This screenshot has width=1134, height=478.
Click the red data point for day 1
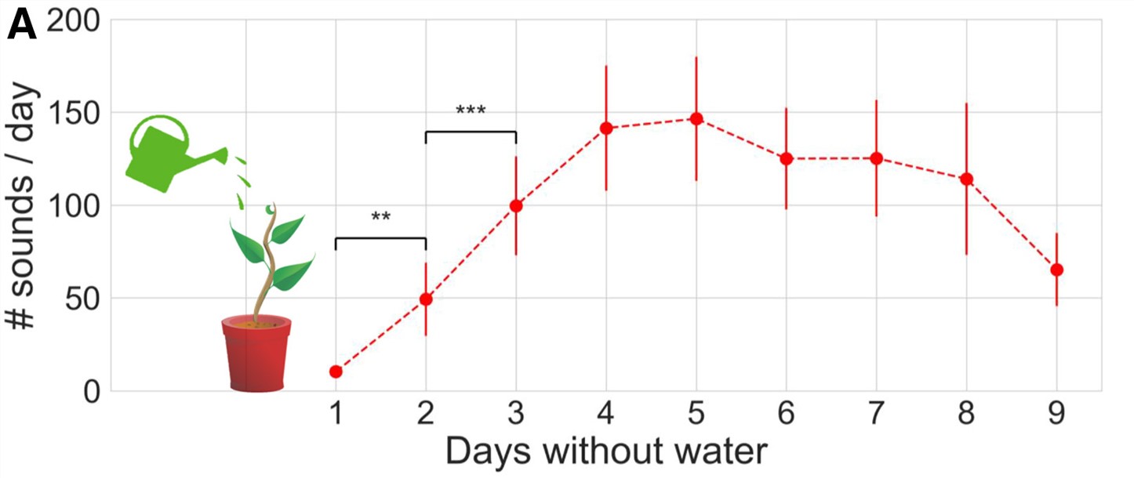click(x=336, y=371)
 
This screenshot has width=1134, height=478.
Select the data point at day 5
click(x=696, y=119)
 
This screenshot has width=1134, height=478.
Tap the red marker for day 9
click(x=1056, y=270)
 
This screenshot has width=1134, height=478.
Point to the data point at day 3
click(x=516, y=206)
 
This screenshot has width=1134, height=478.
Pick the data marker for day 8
click(x=966, y=179)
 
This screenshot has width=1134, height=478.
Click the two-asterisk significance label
click(x=380, y=218)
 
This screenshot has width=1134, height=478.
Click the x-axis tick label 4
click(x=606, y=414)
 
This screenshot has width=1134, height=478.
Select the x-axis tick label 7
click(x=876, y=414)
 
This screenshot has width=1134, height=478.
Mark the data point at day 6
click(x=786, y=159)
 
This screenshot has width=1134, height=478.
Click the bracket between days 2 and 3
click(x=471, y=132)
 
